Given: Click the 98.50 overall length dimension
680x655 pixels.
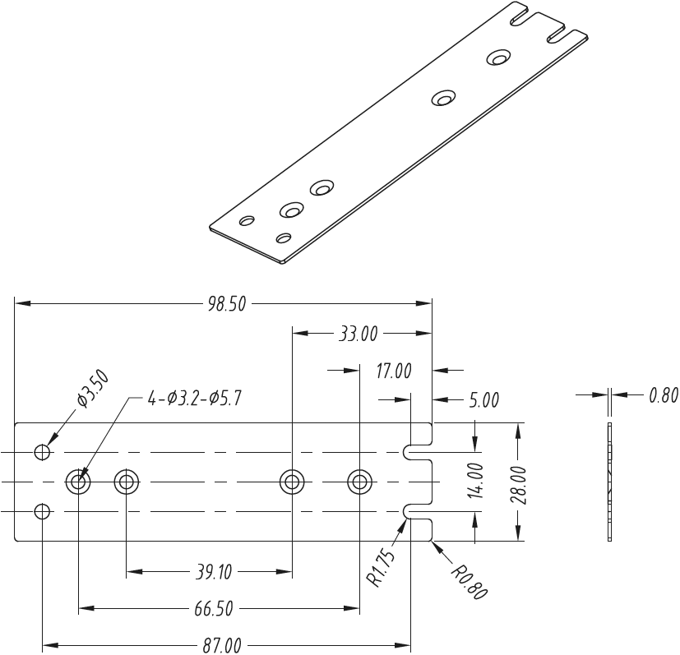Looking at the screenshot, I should pyautogui.click(x=227, y=304).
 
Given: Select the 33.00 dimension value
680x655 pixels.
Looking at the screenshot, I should pyautogui.click(x=358, y=334).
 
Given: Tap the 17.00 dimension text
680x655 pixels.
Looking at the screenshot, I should pyautogui.click(x=393, y=371).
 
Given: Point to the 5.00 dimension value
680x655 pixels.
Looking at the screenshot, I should pyautogui.click(x=483, y=400).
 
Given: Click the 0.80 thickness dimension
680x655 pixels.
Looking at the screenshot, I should pyautogui.click(x=664, y=395).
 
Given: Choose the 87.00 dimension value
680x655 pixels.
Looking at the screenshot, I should pyautogui.click(x=222, y=645).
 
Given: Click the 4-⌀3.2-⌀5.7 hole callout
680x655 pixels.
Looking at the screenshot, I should pyautogui.click(x=194, y=399).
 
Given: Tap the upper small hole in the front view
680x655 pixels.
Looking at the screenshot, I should pyautogui.click(x=43, y=452).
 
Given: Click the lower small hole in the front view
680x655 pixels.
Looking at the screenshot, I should pyautogui.click(x=43, y=512).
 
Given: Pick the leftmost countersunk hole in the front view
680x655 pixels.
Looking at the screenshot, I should pyautogui.click(x=78, y=482).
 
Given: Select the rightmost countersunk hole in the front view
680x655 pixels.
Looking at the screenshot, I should pyautogui.click(x=359, y=482).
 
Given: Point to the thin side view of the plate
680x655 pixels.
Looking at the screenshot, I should pyautogui.click(x=610, y=482).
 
